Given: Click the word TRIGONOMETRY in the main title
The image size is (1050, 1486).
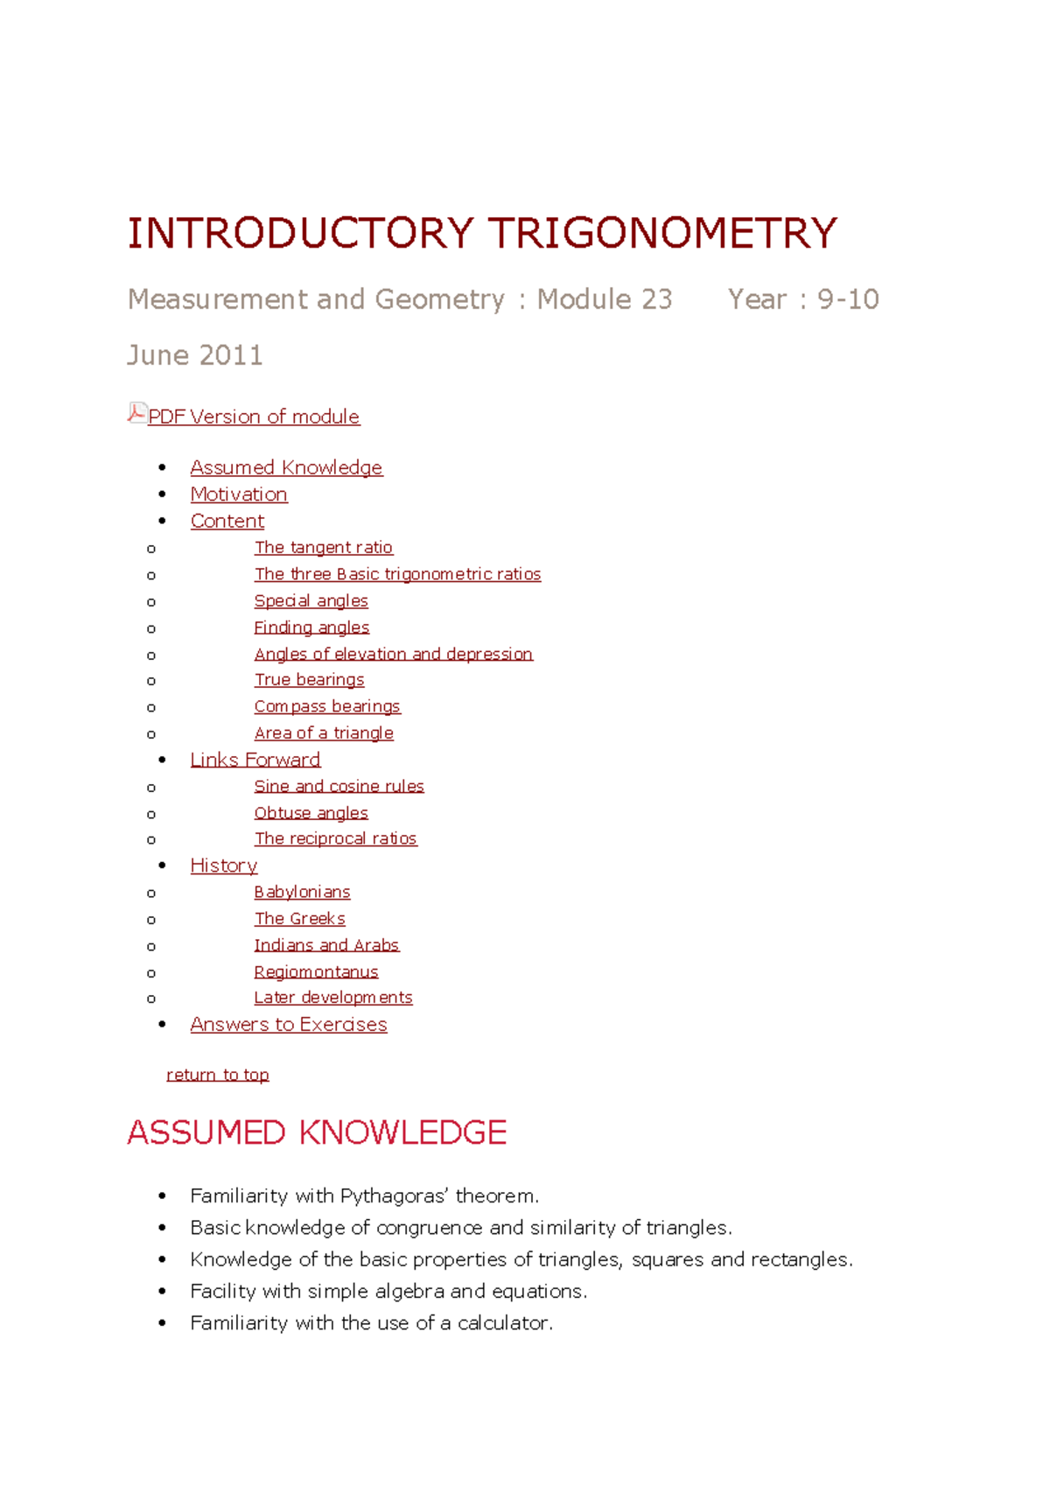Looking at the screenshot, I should click(x=662, y=234).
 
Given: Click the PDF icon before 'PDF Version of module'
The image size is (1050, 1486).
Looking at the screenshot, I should click(x=136, y=413).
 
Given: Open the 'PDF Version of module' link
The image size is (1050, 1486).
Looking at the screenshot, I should click(x=254, y=417).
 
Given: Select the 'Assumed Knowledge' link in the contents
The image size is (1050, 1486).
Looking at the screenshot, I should click(x=286, y=467).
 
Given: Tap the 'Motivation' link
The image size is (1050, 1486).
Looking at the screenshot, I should click(x=239, y=494).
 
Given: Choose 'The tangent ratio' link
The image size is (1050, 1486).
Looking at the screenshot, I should click(x=323, y=548).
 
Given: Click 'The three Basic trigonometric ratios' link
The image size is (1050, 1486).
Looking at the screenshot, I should click(x=397, y=574).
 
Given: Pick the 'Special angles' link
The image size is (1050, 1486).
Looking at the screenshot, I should click(x=311, y=601).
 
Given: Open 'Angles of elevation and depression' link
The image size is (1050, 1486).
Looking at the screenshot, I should click(x=393, y=654).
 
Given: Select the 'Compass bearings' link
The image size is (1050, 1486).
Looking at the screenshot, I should click(x=327, y=706).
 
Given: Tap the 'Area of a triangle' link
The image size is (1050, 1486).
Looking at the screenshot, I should click(x=324, y=733).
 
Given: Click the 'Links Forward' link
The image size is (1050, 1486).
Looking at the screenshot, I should click(x=255, y=760).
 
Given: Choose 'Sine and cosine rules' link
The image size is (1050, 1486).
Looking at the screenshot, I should click(x=339, y=787).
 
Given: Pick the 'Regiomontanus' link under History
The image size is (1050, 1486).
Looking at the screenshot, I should click(x=316, y=972).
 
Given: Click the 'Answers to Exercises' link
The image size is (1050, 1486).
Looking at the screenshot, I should click(x=289, y=1025).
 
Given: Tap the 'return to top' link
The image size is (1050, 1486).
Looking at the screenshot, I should click(x=218, y=1075).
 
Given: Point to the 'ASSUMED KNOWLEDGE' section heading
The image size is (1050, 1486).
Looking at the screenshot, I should click(x=317, y=1132).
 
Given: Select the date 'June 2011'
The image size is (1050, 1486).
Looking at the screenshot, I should click(x=195, y=355).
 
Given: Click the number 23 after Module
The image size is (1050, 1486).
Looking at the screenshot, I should click(x=656, y=299).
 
